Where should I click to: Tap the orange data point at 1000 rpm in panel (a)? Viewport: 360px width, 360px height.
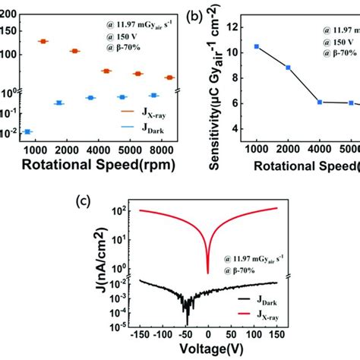pyautogui.click(x=43, y=41)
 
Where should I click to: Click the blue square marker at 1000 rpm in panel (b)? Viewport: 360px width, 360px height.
pyautogui.click(x=257, y=46)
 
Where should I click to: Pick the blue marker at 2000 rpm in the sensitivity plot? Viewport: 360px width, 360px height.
pyautogui.click(x=288, y=68)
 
